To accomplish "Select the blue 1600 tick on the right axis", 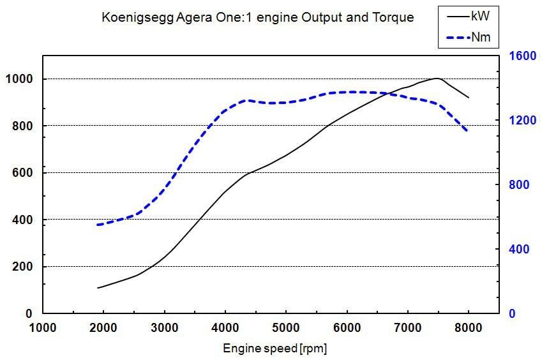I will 520,56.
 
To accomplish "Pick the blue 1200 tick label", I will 520,121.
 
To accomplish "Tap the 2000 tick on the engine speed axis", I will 103,329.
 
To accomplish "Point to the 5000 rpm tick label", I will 286,329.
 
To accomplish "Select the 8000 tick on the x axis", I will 469,329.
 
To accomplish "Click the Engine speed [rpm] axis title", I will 275,349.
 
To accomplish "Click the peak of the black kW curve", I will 437,79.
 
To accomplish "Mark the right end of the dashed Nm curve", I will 468,131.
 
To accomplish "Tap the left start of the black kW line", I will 98,288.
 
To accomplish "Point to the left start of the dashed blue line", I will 98,225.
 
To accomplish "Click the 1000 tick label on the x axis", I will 43,329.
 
